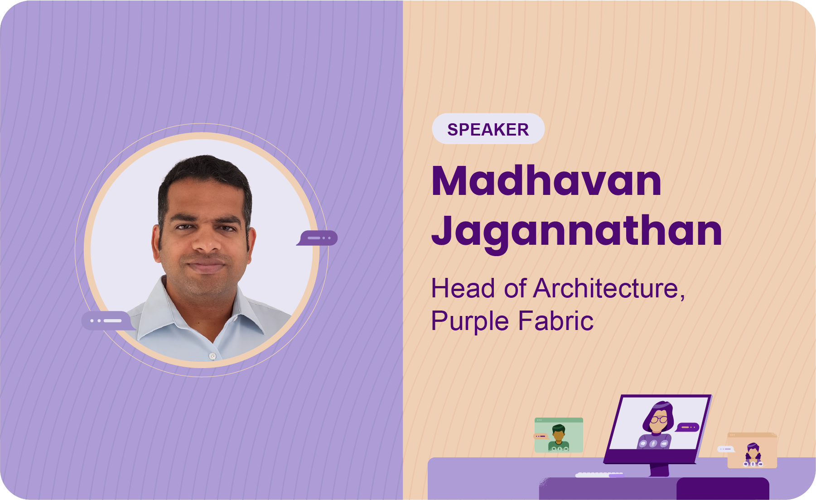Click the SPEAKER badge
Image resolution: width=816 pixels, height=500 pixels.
click(x=488, y=129)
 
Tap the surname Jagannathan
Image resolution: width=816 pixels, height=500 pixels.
click(x=576, y=232)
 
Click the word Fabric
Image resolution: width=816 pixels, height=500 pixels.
click(x=555, y=320)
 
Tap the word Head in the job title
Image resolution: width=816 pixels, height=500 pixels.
click(x=463, y=288)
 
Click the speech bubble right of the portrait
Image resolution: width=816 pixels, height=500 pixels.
click(x=318, y=238)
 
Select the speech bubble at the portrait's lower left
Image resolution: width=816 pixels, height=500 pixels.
click(x=108, y=320)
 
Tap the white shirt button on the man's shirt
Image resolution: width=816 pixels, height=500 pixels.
click(x=212, y=356)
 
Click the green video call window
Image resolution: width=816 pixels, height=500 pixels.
click(x=559, y=435)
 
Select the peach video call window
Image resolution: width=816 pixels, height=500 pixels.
click(x=752, y=450)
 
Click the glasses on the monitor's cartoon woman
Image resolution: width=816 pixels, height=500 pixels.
click(x=659, y=420)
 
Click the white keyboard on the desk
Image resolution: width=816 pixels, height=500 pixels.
click(x=599, y=475)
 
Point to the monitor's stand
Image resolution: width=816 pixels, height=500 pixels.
click(x=660, y=470)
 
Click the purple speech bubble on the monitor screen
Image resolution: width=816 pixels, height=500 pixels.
click(x=688, y=427)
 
